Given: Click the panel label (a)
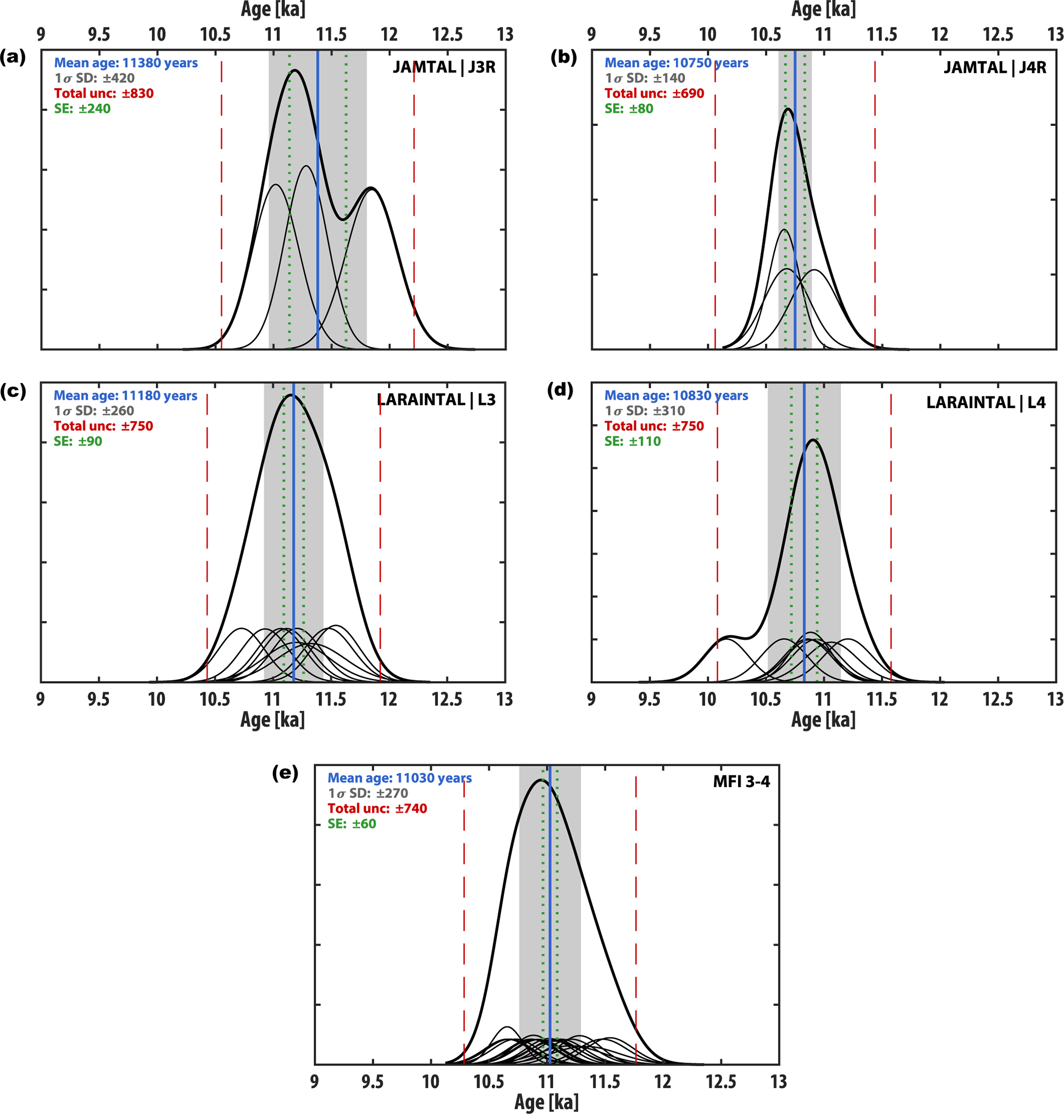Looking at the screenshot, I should [12, 57].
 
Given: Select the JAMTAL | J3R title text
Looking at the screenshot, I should [444, 67].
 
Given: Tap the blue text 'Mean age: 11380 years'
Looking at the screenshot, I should [126, 63].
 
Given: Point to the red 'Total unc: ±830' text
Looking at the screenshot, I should [104, 94].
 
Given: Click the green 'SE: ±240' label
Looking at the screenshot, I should [82, 109].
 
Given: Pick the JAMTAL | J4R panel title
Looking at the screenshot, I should [995, 68].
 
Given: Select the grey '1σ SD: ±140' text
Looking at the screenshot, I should [645, 78].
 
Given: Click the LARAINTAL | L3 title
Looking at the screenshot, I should [436, 400].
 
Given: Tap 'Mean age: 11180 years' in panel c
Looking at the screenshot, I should [126, 396].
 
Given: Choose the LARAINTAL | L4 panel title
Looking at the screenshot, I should [986, 403].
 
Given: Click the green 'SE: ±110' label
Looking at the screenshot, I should [633, 441].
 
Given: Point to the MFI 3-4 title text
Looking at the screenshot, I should [741, 781].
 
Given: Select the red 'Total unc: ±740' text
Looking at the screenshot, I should [377, 808].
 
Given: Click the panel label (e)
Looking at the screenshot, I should [285, 773].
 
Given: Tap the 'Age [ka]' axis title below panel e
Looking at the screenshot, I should [546, 1102].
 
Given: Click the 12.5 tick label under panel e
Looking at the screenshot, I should [721, 1082].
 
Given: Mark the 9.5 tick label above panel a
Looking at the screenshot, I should [99, 34].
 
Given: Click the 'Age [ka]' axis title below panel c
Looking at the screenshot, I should [272, 720].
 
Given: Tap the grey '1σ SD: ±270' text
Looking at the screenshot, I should [368, 793].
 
